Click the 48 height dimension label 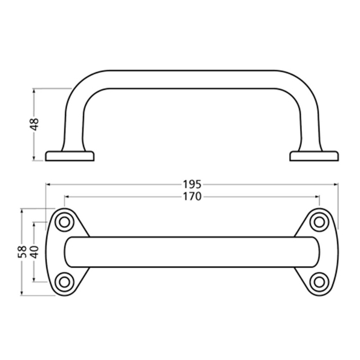tap(34, 125)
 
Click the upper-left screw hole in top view tap(63, 222)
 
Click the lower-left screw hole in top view tap(63, 281)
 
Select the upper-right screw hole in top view tap(319, 222)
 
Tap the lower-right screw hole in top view tap(319, 281)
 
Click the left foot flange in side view tap(70, 156)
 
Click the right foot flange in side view tap(313, 156)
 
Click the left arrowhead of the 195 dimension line tap(48, 184)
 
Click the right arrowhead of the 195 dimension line tap(335, 184)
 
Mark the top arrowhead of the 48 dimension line tap(35, 91)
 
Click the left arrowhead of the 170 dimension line tap(65, 197)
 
